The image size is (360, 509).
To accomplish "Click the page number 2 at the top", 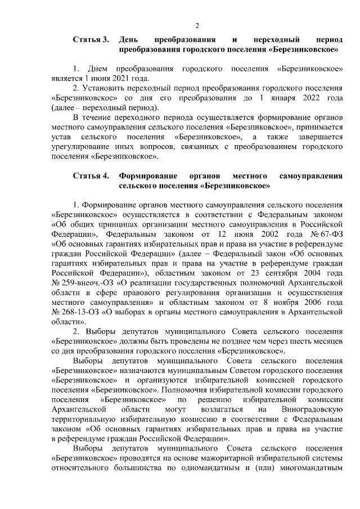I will coord(197,25).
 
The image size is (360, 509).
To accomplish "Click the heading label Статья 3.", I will coord(91,40).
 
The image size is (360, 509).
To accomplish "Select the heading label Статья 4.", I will coord(91,176).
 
